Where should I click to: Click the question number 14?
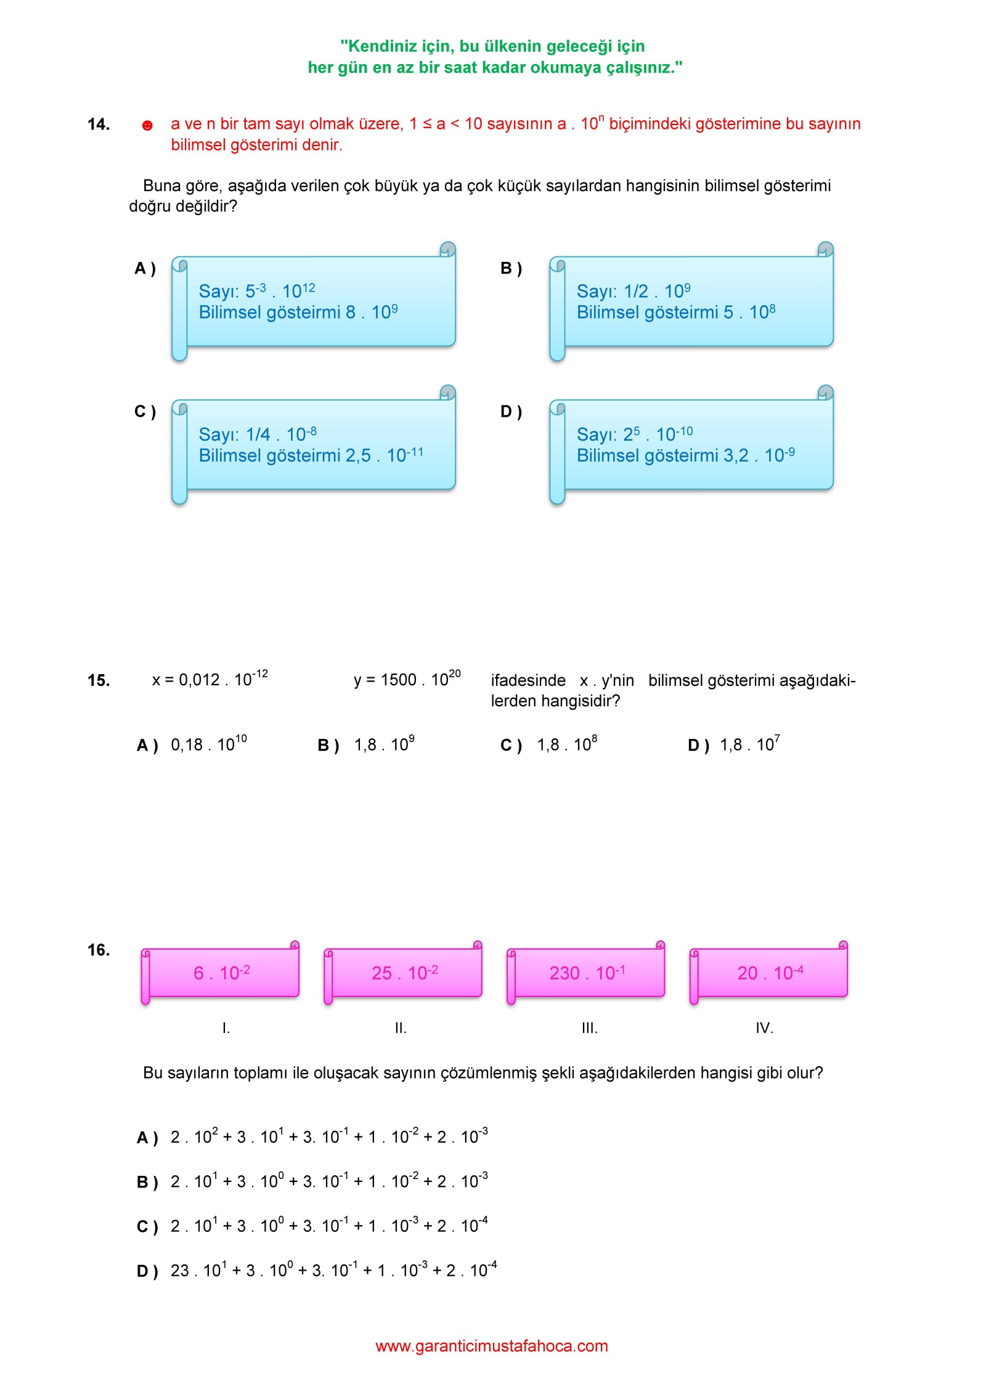point(99,124)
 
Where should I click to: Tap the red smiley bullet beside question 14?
point(147,126)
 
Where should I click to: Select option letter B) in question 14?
point(511,269)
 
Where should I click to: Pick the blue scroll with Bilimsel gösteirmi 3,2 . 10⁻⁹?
point(691,444)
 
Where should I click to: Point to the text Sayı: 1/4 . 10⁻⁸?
point(258,434)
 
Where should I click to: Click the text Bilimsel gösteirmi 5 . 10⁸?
point(676,312)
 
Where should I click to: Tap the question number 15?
point(99,680)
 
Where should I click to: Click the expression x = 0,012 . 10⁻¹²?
point(210,679)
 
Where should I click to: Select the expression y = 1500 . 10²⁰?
point(407,679)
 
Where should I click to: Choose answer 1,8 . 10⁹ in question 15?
point(385,744)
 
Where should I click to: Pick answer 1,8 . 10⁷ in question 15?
point(750,744)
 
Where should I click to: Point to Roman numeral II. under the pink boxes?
point(401,1028)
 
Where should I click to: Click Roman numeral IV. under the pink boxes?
point(764,1028)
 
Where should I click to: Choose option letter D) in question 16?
point(147,1271)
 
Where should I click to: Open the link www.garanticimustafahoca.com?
point(492,1346)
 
